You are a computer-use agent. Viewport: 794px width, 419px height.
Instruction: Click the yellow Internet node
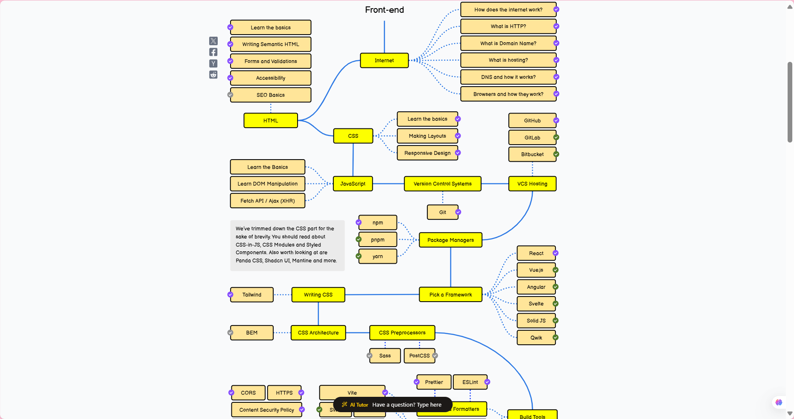click(x=384, y=61)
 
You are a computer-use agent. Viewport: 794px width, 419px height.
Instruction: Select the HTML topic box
click(x=271, y=121)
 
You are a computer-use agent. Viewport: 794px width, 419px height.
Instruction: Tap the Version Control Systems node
click(x=442, y=184)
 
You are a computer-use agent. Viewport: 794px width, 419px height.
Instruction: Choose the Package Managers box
click(x=450, y=240)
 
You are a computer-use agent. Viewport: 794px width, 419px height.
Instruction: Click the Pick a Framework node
click(x=450, y=295)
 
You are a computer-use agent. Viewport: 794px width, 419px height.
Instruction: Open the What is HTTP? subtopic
click(x=508, y=26)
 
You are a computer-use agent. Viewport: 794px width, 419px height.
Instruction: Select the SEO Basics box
click(x=271, y=95)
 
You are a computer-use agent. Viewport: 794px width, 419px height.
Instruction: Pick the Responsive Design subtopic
click(x=427, y=153)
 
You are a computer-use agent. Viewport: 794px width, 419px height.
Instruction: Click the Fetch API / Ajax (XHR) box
click(x=268, y=201)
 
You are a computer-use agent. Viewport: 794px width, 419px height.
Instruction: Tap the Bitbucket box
click(x=532, y=154)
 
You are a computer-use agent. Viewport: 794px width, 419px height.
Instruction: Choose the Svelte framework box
click(x=536, y=304)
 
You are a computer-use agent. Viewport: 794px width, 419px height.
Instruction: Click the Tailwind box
click(x=252, y=295)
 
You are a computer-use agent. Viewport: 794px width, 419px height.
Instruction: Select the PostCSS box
click(x=419, y=356)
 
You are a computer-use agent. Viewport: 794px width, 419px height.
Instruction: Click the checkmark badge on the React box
click(x=555, y=253)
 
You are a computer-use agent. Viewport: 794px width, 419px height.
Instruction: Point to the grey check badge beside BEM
click(x=231, y=333)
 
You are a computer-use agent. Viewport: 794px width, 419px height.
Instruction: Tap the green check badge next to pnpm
click(x=359, y=239)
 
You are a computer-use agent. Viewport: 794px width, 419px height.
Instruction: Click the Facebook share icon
click(x=213, y=52)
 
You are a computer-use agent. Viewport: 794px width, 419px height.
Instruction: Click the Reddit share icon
click(x=213, y=75)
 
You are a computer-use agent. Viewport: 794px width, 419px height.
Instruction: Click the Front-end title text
click(x=384, y=10)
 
